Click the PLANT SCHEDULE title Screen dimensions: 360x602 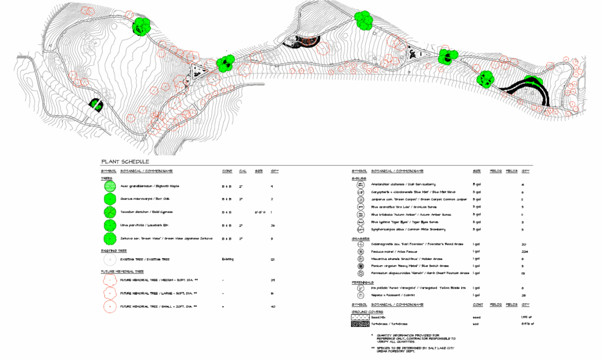(x=125, y=162)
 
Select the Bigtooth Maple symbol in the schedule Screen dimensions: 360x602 (x=109, y=186)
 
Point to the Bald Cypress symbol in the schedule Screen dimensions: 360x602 (x=109, y=212)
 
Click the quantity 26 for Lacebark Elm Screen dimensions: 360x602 (x=273, y=225)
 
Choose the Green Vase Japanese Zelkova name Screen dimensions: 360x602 (x=166, y=238)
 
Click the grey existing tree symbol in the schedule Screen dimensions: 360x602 (x=109, y=259)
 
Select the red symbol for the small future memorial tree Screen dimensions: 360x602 (x=109, y=306)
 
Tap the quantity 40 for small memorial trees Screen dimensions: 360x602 (x=273, y=306)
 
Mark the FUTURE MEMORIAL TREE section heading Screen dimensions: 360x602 (x=122, y=272)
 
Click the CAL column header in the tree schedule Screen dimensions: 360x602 (x=243, y=171)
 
